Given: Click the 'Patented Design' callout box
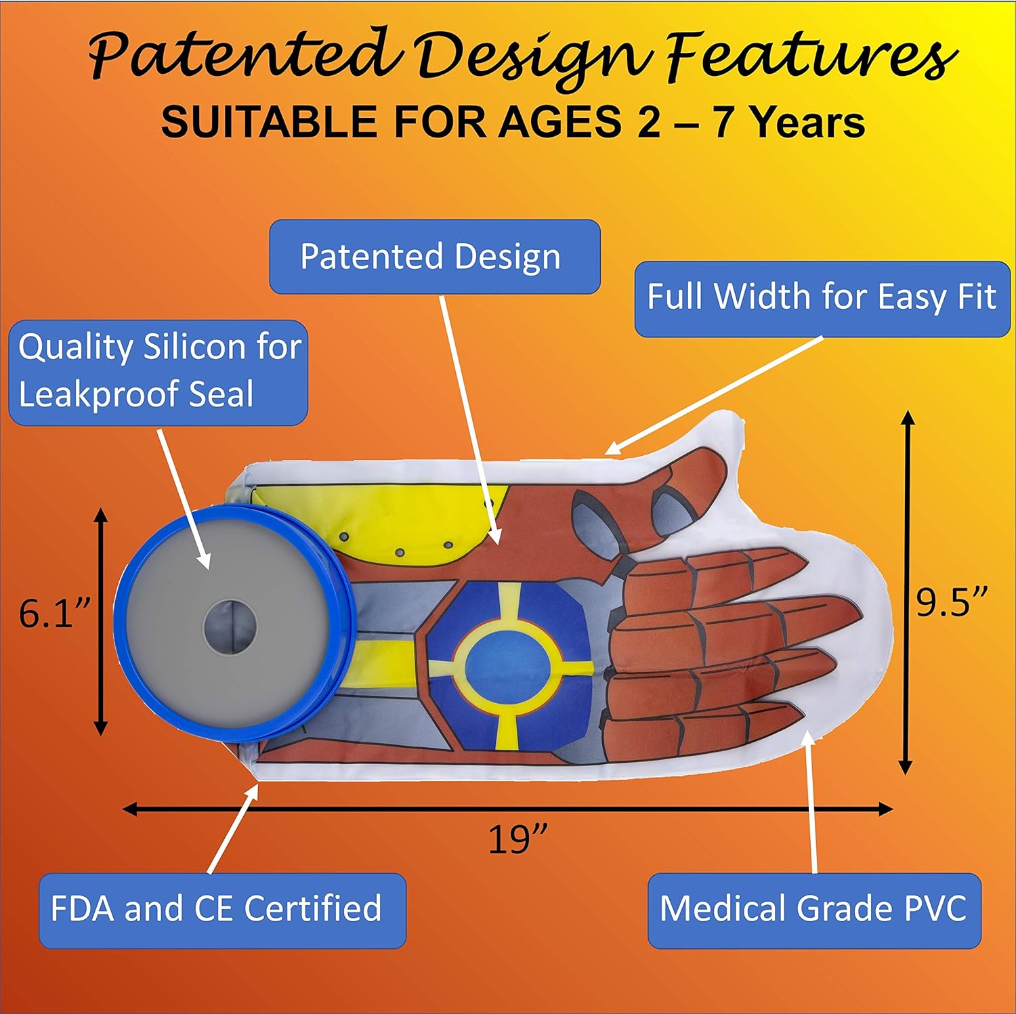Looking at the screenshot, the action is [434, 257].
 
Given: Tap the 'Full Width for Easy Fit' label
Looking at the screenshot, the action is [822, 298].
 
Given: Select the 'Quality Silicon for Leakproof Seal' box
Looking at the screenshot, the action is [158, 371].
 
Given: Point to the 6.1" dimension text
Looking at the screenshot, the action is [54, 614].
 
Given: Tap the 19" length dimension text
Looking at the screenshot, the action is [517, 840].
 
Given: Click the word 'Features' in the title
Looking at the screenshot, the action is [810, 58].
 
